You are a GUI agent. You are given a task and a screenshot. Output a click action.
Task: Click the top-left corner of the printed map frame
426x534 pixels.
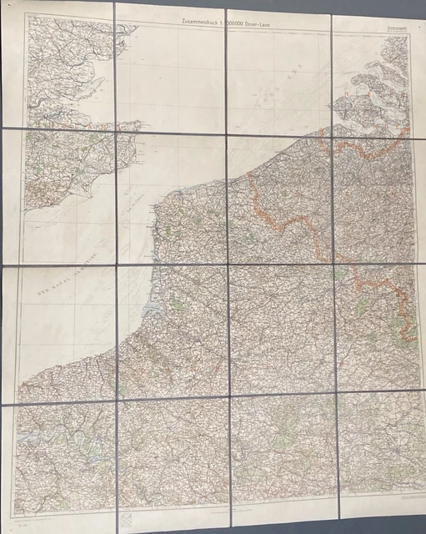point(25,18)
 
